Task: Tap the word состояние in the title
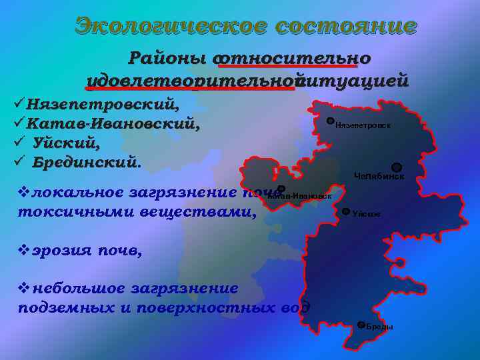[x=347, y=26]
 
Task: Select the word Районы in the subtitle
[x=167, y=58]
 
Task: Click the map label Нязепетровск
[x=363, y=125]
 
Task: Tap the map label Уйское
[x=367, y=214]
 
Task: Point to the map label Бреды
[x=379, y=327]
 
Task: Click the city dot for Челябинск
[x=396, y=167]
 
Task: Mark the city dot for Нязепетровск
[x=331, y=121]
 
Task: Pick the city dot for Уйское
[x=345, y=211]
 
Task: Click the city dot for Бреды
[x=361, y=325]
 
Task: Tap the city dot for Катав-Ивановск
[x=281, y=189]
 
